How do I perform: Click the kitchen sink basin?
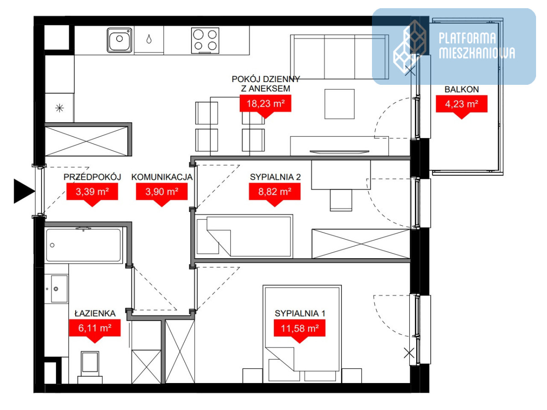(119, 40)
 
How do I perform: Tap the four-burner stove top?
(205, 41)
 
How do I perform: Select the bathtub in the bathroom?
(84, 245)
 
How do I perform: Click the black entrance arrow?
(24, 191)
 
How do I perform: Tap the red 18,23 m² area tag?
(265, 106)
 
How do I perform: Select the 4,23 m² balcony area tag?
(461, 107)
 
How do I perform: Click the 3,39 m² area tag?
(92, 195)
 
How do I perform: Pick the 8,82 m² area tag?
(274, 195)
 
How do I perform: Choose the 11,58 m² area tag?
(299, 331)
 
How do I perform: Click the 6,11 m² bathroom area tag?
(95, 331)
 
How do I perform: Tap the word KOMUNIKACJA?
(162, 177)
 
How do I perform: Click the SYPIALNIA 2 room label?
(275, 177)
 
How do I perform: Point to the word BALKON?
(462, 89)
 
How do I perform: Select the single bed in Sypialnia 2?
(244, 236)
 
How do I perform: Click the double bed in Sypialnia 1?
(302, 334)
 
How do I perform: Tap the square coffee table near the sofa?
(340, 104)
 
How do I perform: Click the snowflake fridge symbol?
(60, 108)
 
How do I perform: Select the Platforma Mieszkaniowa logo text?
(477, 46)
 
